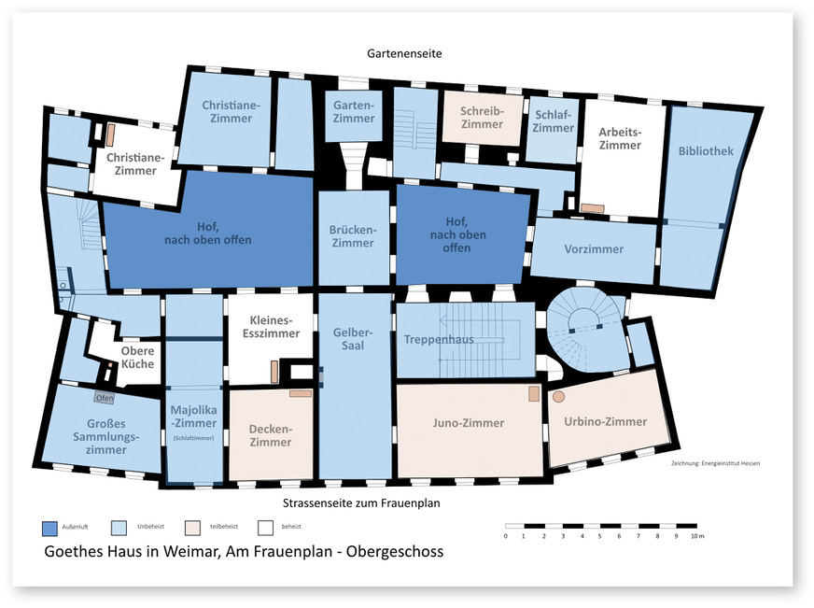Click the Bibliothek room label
(706, 151)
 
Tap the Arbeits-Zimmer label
(620, 138)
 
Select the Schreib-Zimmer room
(482, 118)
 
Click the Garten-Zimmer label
(354, 112)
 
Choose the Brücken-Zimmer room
(352, 236)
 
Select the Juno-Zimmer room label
(469, 423)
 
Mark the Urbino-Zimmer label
(606, 422)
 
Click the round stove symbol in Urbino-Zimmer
(558, 397)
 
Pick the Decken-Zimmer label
(271, 435)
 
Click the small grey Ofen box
(105, 398)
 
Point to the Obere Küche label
(137, 358)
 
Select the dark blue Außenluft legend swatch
(50, 528)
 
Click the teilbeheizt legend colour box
(193, 528)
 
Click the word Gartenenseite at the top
(404, 54)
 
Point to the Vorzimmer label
(594, 249)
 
